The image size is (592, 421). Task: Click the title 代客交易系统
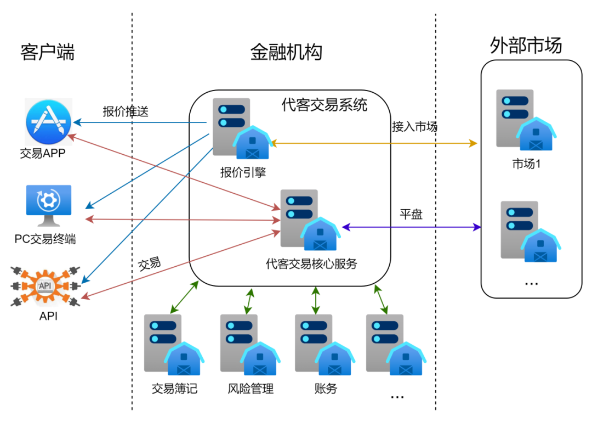coord(325,105)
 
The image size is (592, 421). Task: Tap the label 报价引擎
coord(243,172)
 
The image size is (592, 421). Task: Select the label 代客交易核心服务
coord(311,264)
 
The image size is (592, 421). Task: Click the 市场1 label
coord(526,164)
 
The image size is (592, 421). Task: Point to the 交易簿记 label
coord(174,389)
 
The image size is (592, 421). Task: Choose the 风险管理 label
coord(251,389)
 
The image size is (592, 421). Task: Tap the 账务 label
coord(326,389)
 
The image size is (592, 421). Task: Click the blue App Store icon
coord(49,122)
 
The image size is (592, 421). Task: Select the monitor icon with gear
coord(48,205)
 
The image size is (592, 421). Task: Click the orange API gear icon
coord(45,284)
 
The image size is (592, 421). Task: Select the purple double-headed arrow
coord(411,227)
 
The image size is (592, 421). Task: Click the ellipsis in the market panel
coord(531,283)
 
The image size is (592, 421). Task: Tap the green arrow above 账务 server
coord(316,300)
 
